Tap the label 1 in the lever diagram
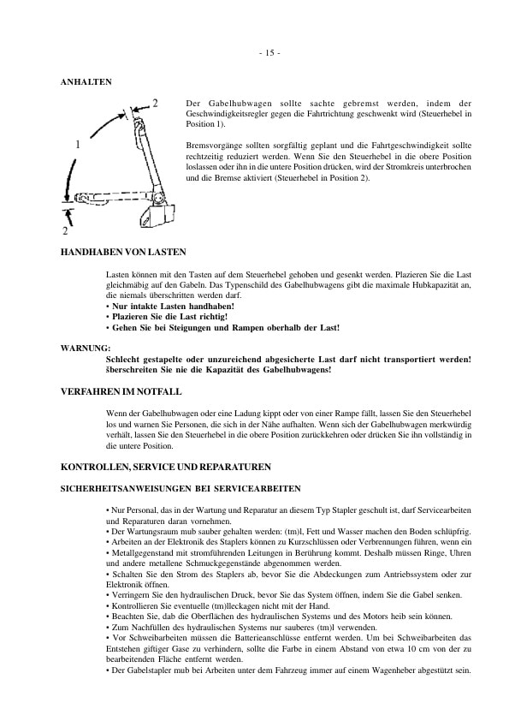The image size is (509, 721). click(78, 145)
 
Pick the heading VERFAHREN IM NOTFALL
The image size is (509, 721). click(120, 390)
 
